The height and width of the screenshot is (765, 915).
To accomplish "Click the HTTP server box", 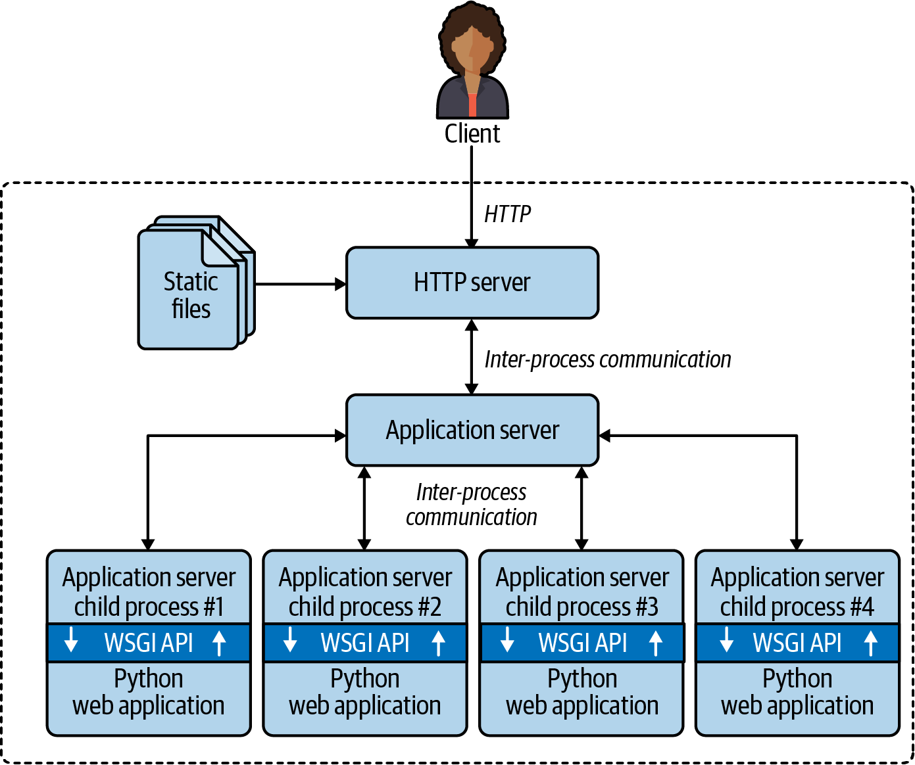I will pos(472,283).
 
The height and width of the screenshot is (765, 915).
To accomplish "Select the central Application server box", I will pos(472,430).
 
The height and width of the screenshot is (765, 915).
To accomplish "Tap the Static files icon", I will pos(191,289).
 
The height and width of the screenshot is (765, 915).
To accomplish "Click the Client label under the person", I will pos(472,133).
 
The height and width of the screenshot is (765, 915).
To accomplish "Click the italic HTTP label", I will pos(507,214).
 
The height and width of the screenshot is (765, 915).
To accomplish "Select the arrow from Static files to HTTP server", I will pos(300,285).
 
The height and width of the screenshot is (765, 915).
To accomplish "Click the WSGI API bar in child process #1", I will pos(149,643).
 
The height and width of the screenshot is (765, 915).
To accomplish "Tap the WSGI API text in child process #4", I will pos(797,643).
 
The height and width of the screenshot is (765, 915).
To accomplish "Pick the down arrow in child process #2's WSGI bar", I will pos(290,639).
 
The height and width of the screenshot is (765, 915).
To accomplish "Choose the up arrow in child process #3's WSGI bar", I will pos(655,643).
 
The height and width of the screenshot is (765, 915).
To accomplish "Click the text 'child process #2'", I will pos(365,607).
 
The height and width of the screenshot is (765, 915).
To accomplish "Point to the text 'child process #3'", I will pos(582,607).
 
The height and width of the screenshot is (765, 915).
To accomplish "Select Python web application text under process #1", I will pos(149,692).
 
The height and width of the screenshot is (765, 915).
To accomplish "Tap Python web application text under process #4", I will pos(797,692).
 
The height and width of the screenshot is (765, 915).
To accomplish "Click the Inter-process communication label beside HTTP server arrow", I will pos(608,359).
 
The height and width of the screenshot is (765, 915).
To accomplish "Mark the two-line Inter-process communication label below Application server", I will pos(472,505).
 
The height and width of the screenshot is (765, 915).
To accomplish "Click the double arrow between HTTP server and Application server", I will pos(472,357).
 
